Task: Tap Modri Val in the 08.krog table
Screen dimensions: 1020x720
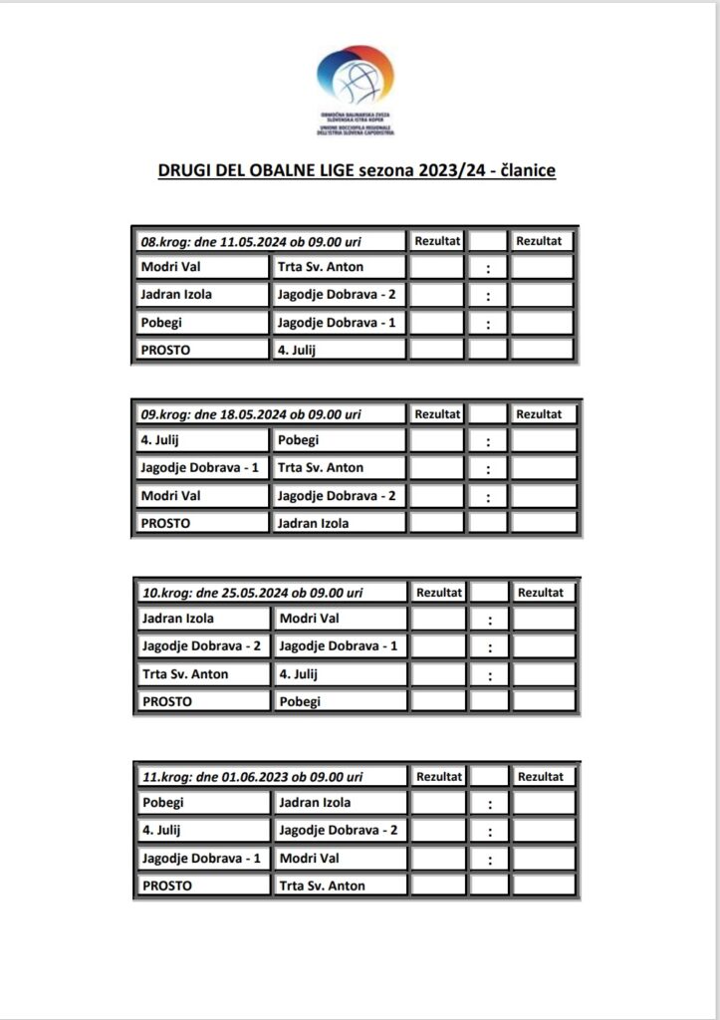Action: pyautogui.click(x=171, y=267)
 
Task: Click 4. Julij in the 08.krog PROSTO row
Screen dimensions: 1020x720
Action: pyautogui.click(x=300, y=350)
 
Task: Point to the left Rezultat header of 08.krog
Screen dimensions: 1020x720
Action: pyautogui.click(x=437, y=240)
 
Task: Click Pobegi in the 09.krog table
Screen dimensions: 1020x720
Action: pyautogui.click(x=300, y=439)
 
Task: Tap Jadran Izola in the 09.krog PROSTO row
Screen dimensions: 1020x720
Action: pyautogui.click(x=314, y=523)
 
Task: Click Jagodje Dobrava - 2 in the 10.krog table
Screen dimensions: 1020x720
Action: pyautogui.click(x=203, y=645)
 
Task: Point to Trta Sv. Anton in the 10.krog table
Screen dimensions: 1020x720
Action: pyautogui.click(x=185, y=674)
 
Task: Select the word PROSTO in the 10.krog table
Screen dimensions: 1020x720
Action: pyautogui.click(x=166, y=701)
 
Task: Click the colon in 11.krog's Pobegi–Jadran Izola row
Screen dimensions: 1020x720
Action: pyautogui.click(x=489, y=803)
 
